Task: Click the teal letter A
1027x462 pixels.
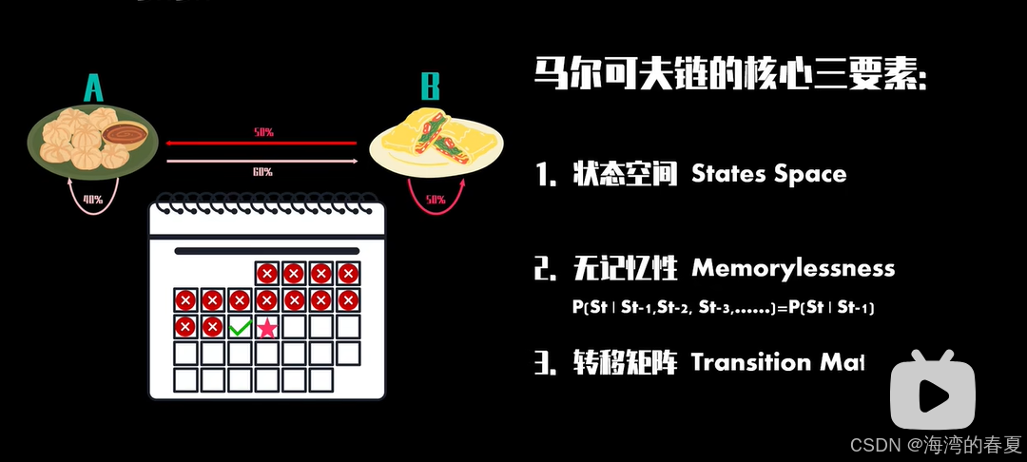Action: pos(93,88)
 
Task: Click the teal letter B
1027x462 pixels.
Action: pos(431,88)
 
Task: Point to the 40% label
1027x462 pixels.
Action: pos(92,199)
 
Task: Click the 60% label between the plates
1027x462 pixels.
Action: pos(262,172)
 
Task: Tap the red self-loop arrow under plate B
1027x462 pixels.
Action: pos(435,202)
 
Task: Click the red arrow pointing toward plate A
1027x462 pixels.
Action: pos(262,143)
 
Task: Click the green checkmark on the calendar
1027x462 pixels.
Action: pos(240,328)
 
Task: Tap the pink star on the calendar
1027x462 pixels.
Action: pos(267,328)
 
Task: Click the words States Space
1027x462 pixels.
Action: pos(768,174)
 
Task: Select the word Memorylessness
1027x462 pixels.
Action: pos(793,268)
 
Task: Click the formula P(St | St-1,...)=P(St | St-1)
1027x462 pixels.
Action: pos(722,308)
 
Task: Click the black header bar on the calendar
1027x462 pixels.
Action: pos(266,251)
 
